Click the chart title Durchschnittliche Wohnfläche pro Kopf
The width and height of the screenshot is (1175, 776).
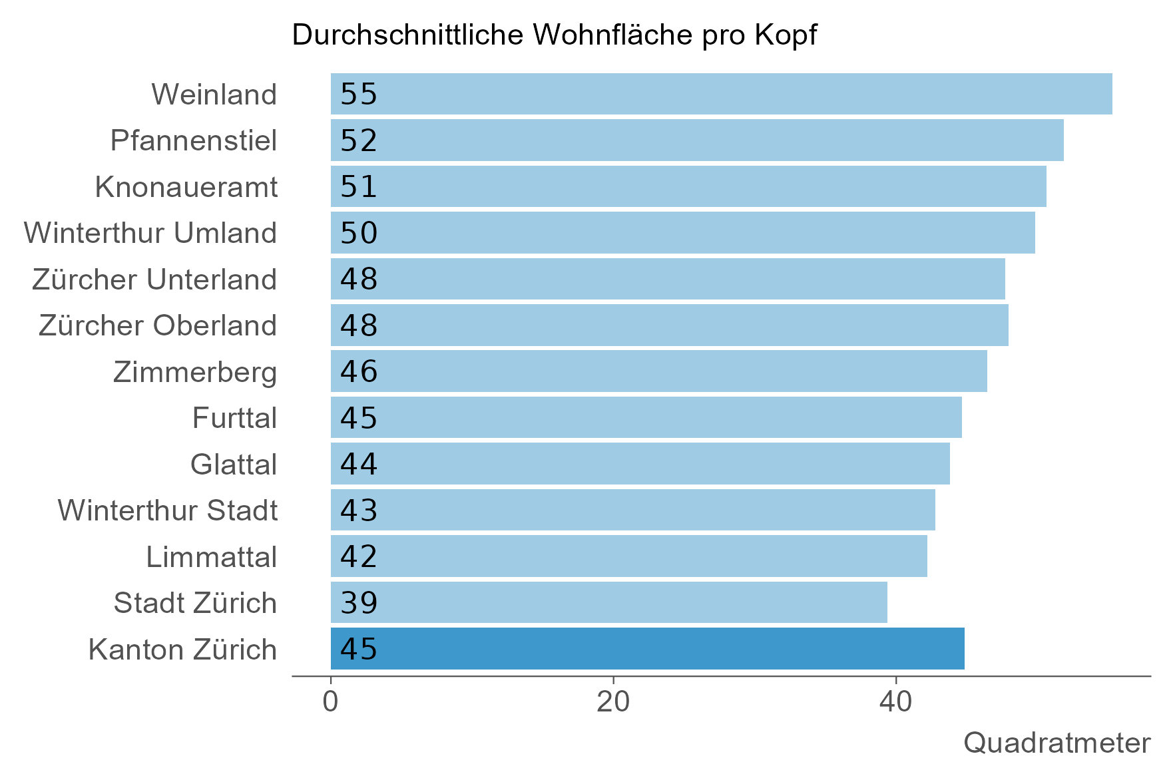coord(554,35)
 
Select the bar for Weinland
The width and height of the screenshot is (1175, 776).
coord(721,94)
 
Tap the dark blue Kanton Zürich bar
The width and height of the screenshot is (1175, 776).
coord(647,648)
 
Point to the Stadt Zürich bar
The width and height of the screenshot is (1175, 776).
coord(608,602)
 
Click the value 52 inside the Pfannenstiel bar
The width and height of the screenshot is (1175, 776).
coord(359,140)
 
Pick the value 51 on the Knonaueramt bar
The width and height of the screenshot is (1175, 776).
coord(359,186)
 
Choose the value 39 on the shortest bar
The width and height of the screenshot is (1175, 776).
coord(359,602)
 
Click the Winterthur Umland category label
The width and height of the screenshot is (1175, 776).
coord(150,233)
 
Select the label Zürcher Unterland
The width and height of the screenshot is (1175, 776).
coord(154,279)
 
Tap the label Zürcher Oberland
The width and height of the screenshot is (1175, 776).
coord(158,325)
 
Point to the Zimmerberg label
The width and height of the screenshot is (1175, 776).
coord(195,371)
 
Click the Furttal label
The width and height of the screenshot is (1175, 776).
coord(234,418)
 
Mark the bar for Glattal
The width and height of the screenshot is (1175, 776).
coord(640,464)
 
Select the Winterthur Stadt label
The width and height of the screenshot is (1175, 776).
coord(168,510)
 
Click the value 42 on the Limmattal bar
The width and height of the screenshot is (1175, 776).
coord(359,556)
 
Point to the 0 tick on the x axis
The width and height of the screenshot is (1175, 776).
coord(330,703)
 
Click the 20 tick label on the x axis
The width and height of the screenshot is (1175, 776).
coord(612,703)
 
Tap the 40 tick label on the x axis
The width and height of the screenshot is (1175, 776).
coord(895,703)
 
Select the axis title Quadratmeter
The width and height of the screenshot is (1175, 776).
coord(1057,743)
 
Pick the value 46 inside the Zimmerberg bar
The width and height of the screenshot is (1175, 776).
coord(359,371)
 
